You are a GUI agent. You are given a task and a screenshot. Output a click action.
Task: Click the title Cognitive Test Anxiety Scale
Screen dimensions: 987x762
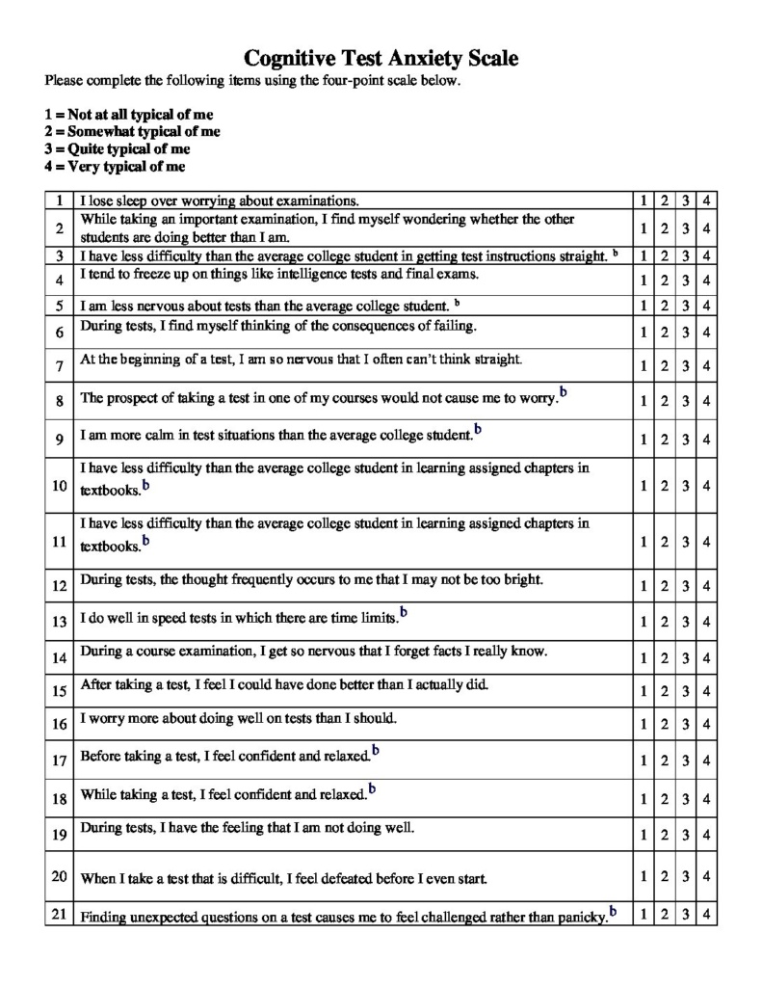[381, 59]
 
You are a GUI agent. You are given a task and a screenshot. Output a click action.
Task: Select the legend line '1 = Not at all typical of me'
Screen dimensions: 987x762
[128, 114]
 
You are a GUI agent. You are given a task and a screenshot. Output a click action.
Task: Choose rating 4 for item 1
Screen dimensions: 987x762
[706, 201]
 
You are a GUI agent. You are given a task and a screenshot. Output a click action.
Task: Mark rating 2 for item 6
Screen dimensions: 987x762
[664, 333]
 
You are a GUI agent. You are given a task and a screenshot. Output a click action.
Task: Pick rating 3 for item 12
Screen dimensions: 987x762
[686, 586]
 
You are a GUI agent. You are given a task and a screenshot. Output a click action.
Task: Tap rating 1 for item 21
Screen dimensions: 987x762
[643, 913]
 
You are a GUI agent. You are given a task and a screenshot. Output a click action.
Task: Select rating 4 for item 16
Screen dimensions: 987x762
[706, 724]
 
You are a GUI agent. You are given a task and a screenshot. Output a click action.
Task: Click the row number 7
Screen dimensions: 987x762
[60, 366]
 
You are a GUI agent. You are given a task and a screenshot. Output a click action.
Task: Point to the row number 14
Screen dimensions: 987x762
[60, 659]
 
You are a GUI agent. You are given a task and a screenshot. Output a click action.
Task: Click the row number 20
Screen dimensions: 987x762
[60, 876]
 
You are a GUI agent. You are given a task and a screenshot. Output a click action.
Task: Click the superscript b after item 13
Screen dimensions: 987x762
[404, 611]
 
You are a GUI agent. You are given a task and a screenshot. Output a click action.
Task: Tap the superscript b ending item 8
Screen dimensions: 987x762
[564, 392]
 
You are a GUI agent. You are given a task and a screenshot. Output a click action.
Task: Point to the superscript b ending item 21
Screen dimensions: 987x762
[613, 911]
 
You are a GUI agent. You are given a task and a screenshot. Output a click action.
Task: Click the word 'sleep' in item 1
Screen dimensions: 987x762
[128, 201]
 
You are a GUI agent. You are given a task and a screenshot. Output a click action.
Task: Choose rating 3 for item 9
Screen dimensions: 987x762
[686, 440]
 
